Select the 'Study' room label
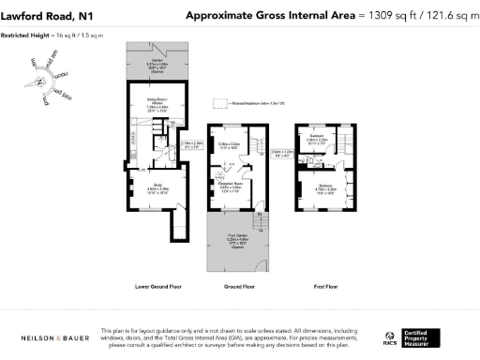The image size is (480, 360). (x=144, y=186)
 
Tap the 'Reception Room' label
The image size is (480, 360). (x=231, y=187)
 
